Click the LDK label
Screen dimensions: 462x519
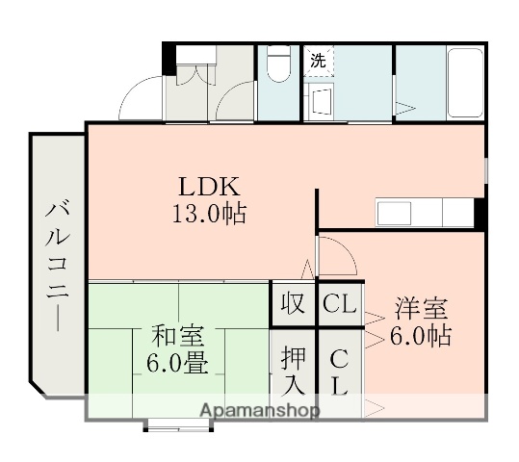coord(204,185)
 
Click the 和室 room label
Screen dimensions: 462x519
coord(176,338)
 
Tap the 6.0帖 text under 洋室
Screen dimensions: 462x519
coord(420,337)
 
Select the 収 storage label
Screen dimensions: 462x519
coord(293,304)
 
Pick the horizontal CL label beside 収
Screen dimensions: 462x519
coord(338,305)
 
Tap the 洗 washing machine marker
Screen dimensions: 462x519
coord(317,61)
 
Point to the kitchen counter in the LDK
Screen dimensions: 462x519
coord(424,212)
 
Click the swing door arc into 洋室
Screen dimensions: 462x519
coord(337,252)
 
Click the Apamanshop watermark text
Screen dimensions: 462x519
coord(259,411)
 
